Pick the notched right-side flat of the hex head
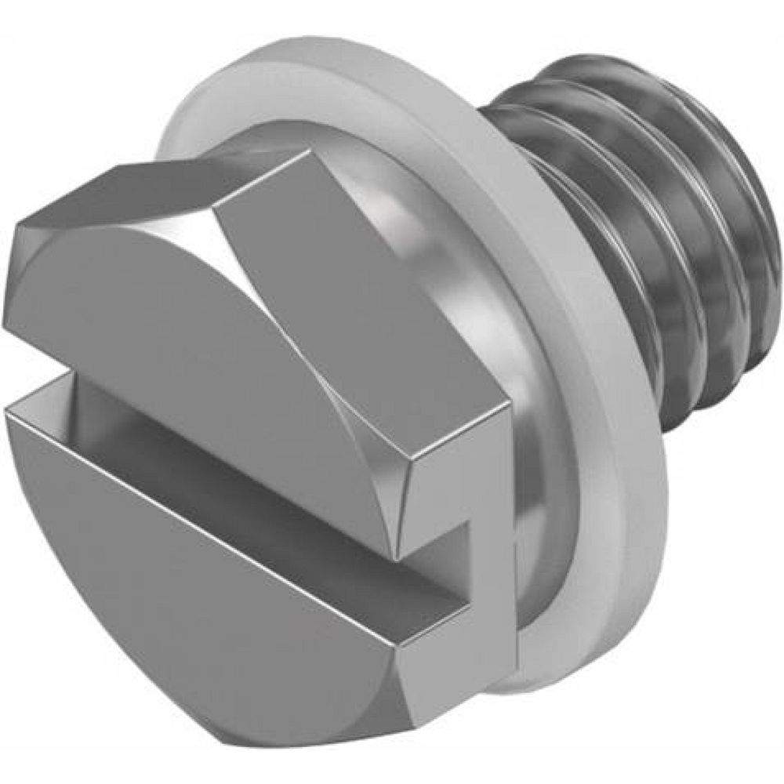pos(463,502)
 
